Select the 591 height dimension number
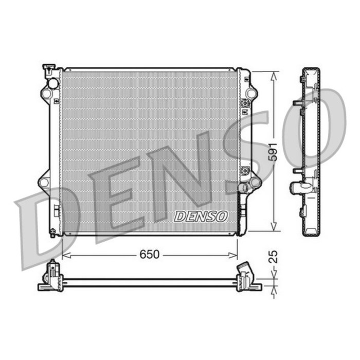point(274,151)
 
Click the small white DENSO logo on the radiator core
point(201,217)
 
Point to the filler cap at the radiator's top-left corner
point(49,67)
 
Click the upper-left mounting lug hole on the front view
point(46,94)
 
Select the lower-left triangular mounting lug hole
point(45,182)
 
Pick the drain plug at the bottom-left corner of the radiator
point(52,232)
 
